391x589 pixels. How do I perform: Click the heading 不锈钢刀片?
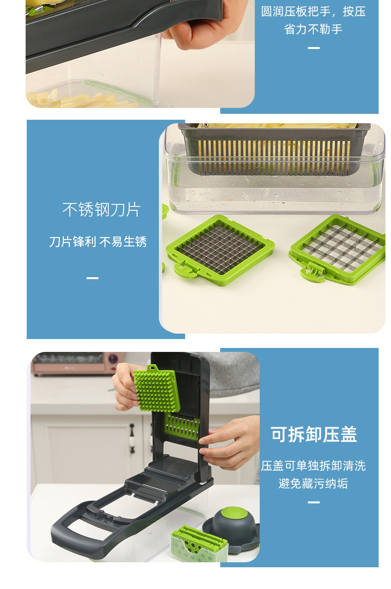pos(101,209)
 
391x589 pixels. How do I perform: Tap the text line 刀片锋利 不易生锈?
pos(98,242)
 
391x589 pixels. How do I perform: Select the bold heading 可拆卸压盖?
pos(314,434)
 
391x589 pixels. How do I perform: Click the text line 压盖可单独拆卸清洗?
pos(313,466)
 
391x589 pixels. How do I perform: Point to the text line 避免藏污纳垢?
pos(313,484)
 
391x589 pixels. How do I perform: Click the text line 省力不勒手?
pos(313,29)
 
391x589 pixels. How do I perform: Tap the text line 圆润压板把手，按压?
pos(313,11)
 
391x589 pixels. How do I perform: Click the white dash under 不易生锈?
pos(93,278)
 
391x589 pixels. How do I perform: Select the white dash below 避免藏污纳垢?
pos(313,502)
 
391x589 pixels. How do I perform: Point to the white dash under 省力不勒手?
pos(313,48)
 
